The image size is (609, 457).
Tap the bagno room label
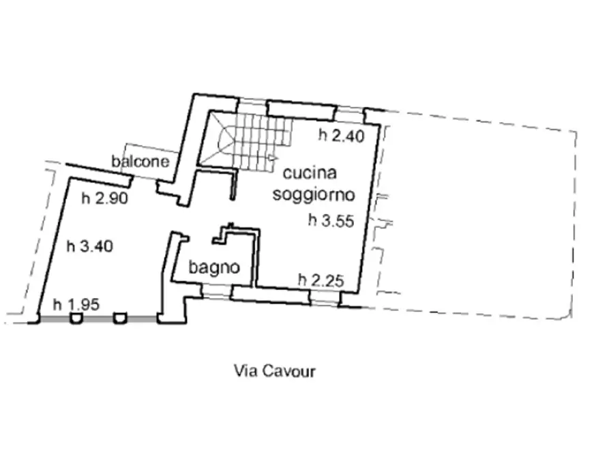pyautogui.click(x=215, y=267)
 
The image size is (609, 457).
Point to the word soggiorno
pyautogui.click(x=313, y=194)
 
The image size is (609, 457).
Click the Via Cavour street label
pyautogui.click(x=275, y=372)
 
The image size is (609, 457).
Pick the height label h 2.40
pyautogui.click(x=342, y=135)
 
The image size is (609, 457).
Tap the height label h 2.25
pyautogui.click(x=321, y=279)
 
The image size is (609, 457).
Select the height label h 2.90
pyautogui.click(x=104, y=199)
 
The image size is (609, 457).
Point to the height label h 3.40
pyautogui.click(x=89, y=247)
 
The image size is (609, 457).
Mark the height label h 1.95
pyautogui.click(x=76, y=305)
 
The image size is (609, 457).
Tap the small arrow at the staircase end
pyautogui.click(x=274, y=158)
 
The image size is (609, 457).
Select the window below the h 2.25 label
pyautogui.click(x=324, y=296)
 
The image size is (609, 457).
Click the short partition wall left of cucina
pyautogui.click(x=232, y=185)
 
